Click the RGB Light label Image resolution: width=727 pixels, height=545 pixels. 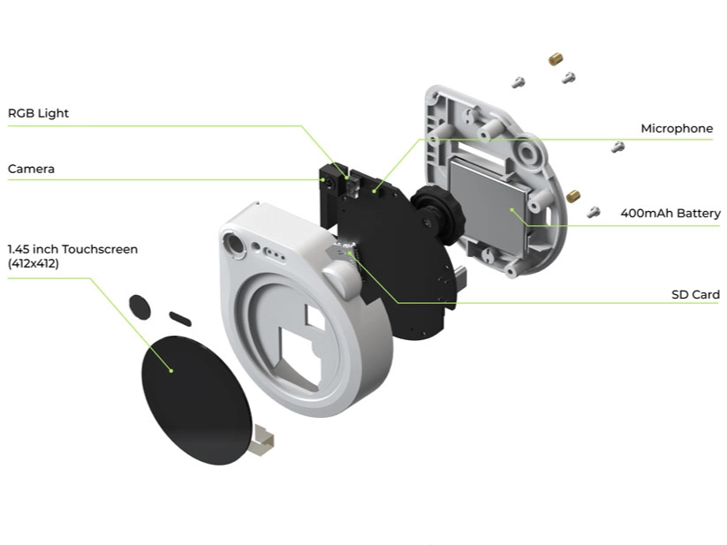[38, 114]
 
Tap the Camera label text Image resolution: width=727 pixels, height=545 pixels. [31, 169]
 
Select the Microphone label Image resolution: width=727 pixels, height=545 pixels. [677, 128]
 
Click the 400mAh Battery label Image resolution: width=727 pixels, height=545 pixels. [670, 213]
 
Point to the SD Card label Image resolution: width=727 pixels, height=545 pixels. [695, 294]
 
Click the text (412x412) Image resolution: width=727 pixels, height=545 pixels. [34, 264]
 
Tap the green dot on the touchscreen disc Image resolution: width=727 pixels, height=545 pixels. [171, 371]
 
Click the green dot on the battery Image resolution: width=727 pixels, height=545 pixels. [511, 210]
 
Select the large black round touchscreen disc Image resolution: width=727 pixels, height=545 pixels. [197, 400]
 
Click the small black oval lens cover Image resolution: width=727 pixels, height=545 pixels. [140, 307]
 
